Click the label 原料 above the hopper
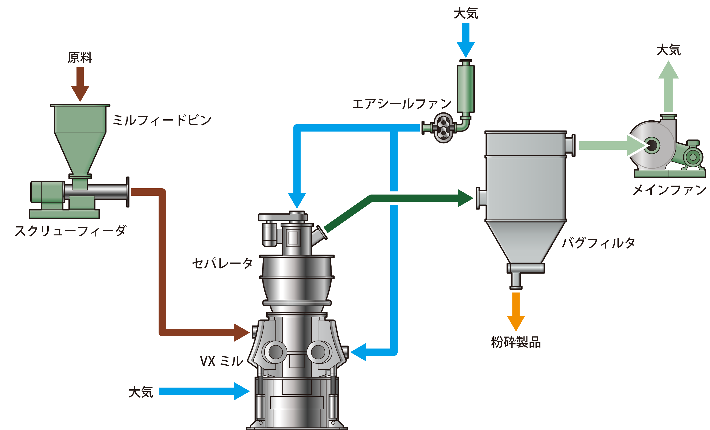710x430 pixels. coord(80,58)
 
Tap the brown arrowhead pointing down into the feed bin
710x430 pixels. coord(80,94)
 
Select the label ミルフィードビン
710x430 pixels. coord(162,120)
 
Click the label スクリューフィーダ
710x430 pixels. coord(70,231)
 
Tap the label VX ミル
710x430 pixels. coord(222,361)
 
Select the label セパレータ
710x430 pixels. coord(222,263)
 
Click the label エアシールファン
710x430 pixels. coord(402,104)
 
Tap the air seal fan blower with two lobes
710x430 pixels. coord(443,127)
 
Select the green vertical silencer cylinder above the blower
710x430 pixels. coord(466,89)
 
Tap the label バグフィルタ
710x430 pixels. coord(599,243)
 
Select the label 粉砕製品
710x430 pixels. coord(516,342)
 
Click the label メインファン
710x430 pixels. coord(669,190)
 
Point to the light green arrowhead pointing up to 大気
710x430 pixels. coord(668,70)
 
